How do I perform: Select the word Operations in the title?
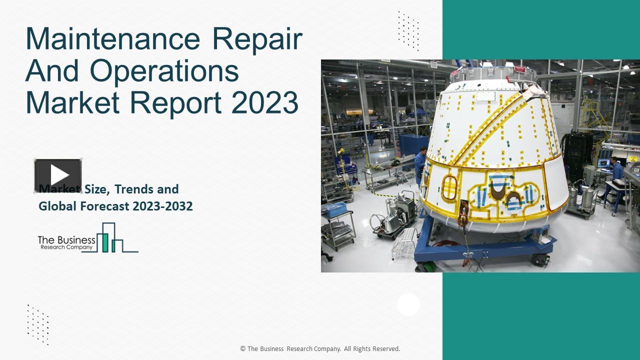point(164,70)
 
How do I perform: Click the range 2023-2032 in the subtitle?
point(162,206)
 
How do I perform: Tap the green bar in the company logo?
point(105,242)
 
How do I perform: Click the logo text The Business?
point(66,240)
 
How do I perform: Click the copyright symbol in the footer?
point(242,349)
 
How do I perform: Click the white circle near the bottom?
point(408,304)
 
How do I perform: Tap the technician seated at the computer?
point(616,170)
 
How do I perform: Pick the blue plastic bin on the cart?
point(334,209)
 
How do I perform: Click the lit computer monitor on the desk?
point(603,162)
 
